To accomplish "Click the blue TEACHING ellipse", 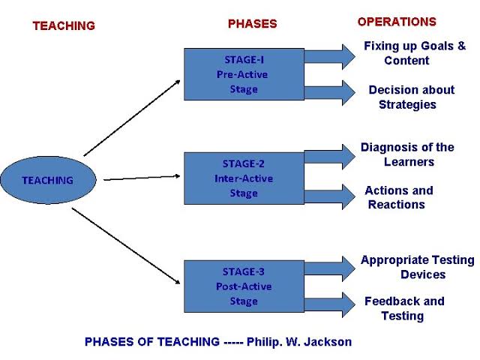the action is (48, 180).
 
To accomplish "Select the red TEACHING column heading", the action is (64, 25).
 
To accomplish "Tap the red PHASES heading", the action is (253, 24).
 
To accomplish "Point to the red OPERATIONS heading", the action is (397, 22).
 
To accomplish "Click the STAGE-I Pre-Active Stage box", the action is (244, 74).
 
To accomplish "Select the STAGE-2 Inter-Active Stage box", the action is (244, 178).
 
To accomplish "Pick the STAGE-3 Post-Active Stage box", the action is (244, 286).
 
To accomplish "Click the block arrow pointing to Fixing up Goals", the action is (330, 57).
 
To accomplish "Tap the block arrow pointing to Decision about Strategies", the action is (330, 93).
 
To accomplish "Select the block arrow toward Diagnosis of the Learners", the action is (330, 157).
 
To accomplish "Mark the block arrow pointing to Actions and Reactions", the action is (330, 196).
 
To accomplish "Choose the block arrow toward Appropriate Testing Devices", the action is (330, 268).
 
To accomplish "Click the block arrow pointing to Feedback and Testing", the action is (330, 305).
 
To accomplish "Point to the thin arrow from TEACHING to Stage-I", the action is (132, 118).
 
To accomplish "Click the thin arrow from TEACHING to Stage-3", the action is (126, 246).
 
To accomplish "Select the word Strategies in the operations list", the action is (407, 105).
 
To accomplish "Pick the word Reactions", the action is (397, 205).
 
